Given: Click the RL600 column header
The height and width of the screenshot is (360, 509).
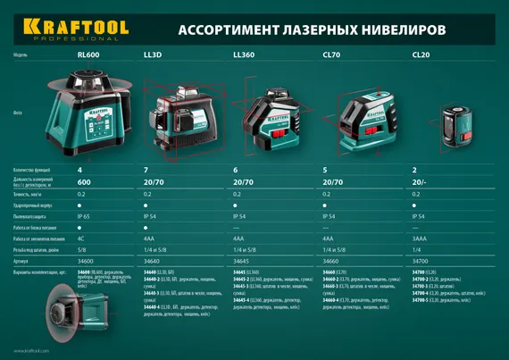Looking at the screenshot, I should (88, 54).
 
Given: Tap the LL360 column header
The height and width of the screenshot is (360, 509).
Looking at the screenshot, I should (244, 54).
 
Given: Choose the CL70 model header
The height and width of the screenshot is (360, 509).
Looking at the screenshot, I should (330, 54).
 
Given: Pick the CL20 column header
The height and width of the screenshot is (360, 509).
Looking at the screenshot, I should (421, 54).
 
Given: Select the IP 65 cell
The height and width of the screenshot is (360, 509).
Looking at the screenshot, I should (85, 216).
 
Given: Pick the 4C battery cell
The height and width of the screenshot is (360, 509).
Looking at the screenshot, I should (81, 239).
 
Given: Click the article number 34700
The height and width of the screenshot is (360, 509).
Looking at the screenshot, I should (421, 262).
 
